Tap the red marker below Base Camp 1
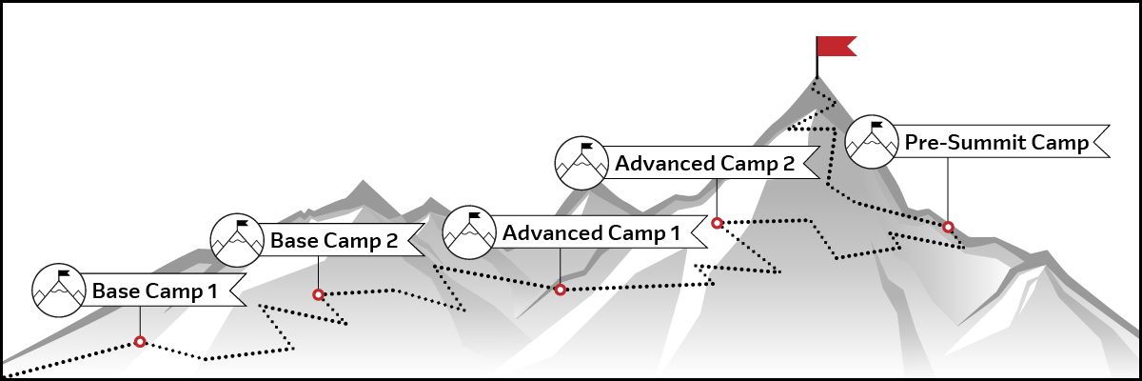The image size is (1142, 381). click(x=140, y=342)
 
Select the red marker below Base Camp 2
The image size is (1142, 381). click(x=318, y=295)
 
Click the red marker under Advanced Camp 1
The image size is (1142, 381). click(x=561, y=290)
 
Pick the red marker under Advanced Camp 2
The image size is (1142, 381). click(x=718, y=223)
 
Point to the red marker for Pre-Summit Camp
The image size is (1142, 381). click(x=948, y=227)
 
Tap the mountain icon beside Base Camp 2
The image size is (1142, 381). click(x=238, y=240)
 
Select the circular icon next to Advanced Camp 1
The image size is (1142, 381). click(x=470, y=232)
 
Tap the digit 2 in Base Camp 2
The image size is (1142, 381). click(x=391, y=241)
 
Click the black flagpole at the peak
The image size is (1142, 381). click(x=817, y=61)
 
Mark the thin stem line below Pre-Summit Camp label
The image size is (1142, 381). click(x=948, y=190)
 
